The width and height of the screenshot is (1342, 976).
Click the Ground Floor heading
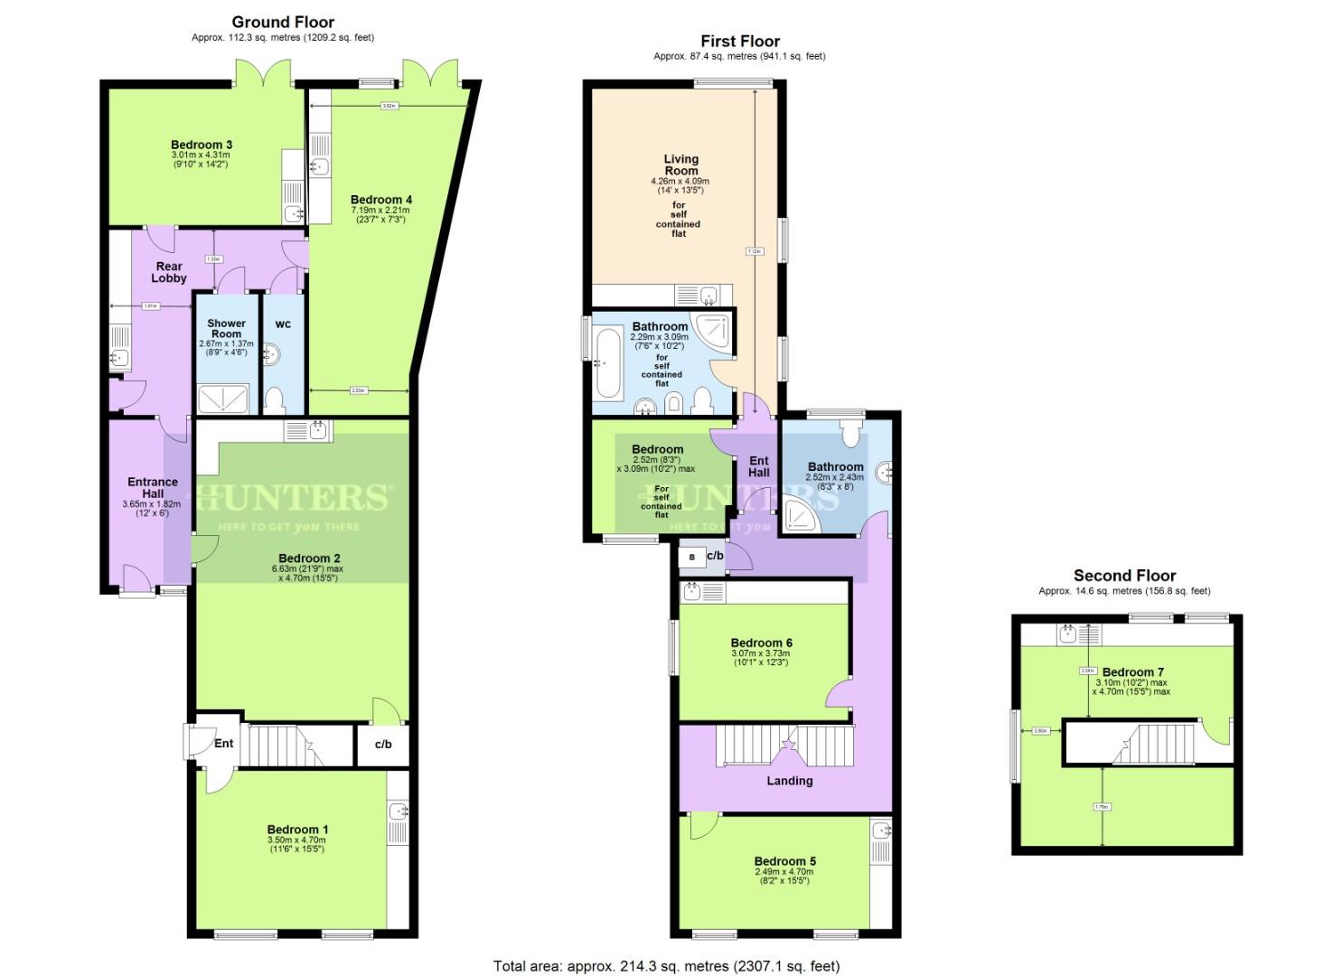click(x=283, y=22)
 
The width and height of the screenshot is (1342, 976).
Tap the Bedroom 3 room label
click(x=202, y=145)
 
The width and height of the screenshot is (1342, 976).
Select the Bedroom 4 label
click(x=381, y=200)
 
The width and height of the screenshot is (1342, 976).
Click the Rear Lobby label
click(x=169, y=272)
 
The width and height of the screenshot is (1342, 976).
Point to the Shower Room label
click(x=226, y=328)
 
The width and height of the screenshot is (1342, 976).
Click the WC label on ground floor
click(x=283, y=324)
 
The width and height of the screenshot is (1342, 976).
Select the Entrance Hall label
click(x=153, y=487)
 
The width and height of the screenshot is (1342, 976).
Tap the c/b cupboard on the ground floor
click(x=383, y=745)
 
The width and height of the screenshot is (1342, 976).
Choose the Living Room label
click(x=680, y=164)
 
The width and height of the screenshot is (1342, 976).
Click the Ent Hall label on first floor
click(x=759, y=466)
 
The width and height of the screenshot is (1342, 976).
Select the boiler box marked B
click(x=692, y=558)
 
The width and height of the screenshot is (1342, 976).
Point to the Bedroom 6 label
click(x=761, y=643)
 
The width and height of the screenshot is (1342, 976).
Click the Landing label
click(x=789, y=780)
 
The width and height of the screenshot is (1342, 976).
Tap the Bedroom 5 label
click(x=784, y=861)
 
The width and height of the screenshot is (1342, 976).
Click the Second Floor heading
click(x=1124, y=575)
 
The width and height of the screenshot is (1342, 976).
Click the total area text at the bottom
click(x=666, y=966)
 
